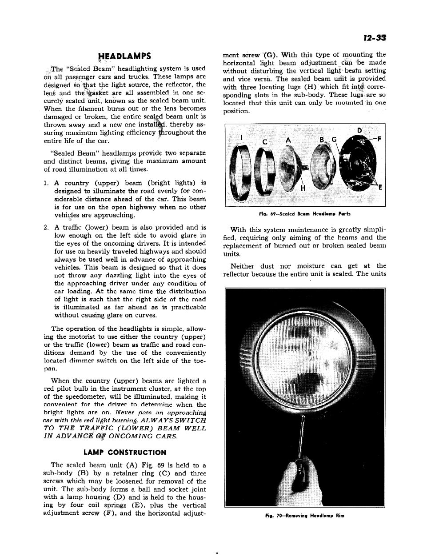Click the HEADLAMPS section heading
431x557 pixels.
(125, 56)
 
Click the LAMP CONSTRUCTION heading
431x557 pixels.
(124, 453)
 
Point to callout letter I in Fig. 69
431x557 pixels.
(241, 138)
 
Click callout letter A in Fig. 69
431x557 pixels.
(288, 140)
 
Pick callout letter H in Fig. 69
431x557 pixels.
(303, 188)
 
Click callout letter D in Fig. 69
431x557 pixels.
(360, 130)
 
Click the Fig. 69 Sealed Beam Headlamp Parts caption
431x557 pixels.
(304, 214)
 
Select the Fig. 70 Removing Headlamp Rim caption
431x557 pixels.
(304, 516)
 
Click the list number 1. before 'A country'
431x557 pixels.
(46, 183)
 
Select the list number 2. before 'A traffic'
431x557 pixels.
(46, 227)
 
